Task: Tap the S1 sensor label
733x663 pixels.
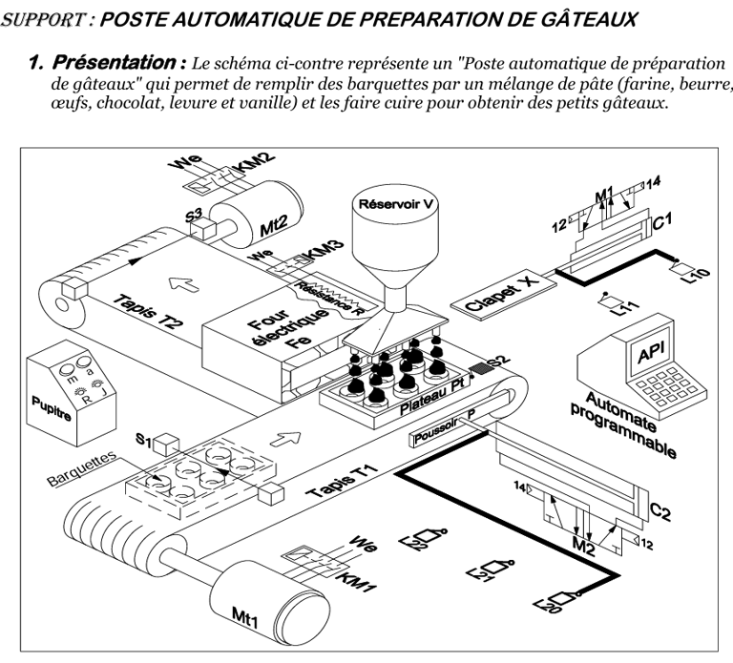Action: (143, 440)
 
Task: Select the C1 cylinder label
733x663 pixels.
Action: (661, 225)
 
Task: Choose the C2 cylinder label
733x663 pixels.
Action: (660, 511)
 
